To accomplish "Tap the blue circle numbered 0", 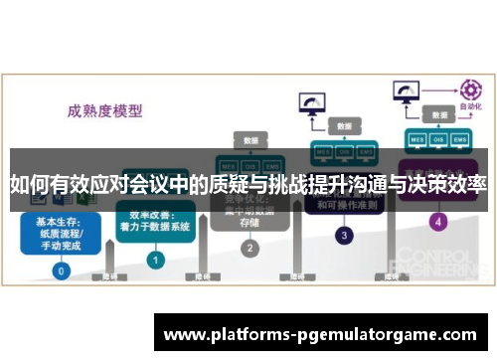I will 62,270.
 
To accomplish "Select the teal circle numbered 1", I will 155,259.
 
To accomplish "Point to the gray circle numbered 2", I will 250,248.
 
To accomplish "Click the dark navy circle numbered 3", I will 344,237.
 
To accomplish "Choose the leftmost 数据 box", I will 249,139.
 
